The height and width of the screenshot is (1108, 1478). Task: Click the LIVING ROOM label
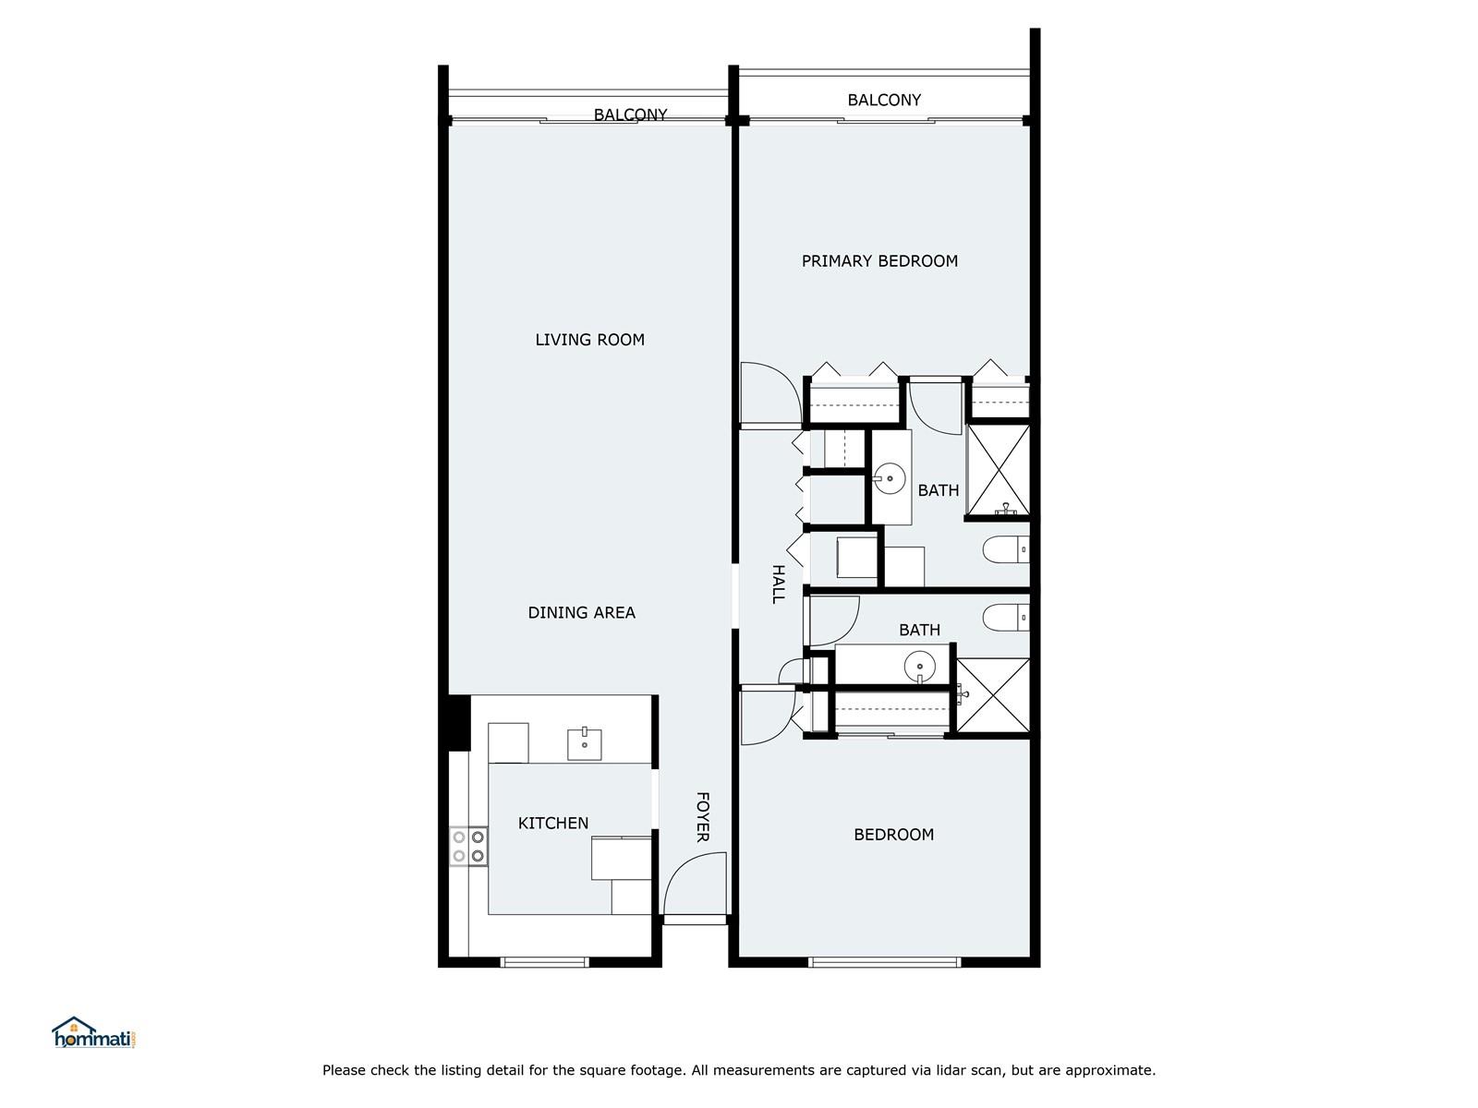coord(590,340)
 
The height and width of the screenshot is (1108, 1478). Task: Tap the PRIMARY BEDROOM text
coord(879,261)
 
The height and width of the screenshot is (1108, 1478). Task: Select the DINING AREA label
coord(581,612)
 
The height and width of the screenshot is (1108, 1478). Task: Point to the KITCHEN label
coord(552,823)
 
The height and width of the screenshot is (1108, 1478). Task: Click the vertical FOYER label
coord(702,817)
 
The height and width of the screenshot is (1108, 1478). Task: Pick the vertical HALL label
coord(778,584)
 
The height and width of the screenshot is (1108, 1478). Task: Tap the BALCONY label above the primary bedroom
coord(884,100)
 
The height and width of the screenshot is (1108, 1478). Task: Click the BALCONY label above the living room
coord(630,114)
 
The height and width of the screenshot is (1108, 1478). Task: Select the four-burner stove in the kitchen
coord(468,847)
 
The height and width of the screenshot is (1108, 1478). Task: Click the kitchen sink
coord(585,744)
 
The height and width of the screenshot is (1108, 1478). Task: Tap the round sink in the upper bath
coord(890,478)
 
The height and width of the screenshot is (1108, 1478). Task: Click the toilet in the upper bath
coord(1006,549)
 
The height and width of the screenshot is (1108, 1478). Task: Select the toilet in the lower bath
coord(1006,618)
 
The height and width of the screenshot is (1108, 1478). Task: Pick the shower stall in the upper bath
coord(998,471)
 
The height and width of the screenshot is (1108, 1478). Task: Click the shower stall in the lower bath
coord(993,695)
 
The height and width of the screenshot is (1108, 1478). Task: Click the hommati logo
coord(95,1032)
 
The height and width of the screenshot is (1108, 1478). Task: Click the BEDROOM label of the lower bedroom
coord(893,834)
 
